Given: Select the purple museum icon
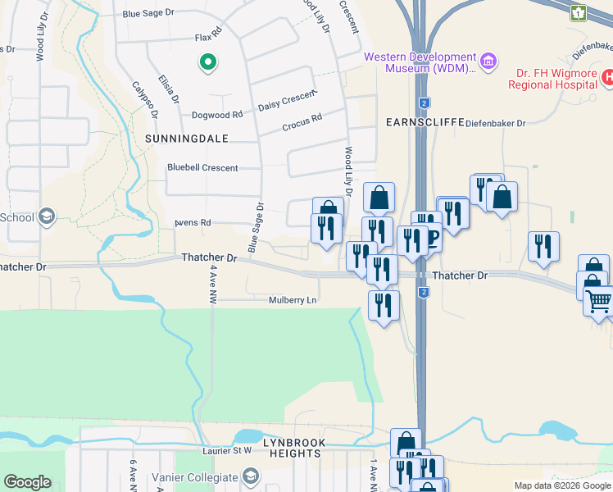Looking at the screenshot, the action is coord(488,61).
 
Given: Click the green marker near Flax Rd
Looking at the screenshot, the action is coord(208,61).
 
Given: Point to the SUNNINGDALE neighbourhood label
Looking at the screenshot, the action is coord(185,139).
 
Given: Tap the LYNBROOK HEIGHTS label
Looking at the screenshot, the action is coord(292,448).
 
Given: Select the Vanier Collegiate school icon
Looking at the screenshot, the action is coord(251,476).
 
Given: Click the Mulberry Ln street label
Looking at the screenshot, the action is coord(293,300).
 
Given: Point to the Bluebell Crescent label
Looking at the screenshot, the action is coord(202,168).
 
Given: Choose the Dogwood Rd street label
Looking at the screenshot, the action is coord(217,116).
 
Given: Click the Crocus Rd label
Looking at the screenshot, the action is coord(302,122).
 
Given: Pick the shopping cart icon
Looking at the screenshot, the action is coord(598,301).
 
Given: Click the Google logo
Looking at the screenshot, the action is coord(27,482).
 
